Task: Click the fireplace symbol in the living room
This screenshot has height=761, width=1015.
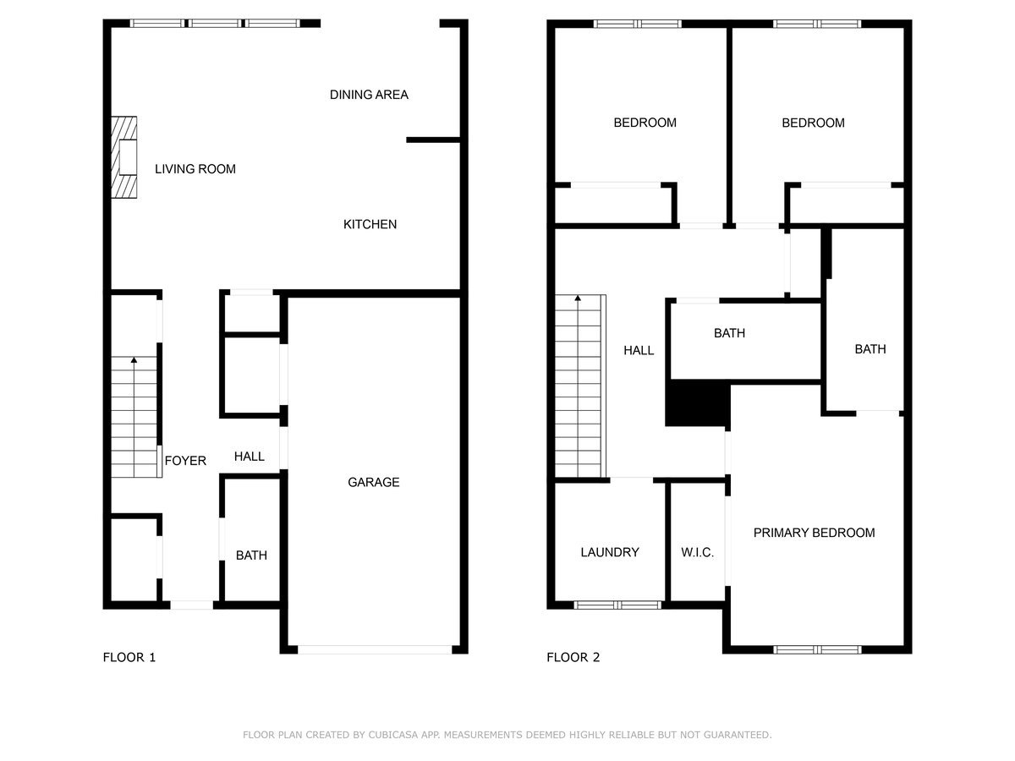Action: coord(125,157)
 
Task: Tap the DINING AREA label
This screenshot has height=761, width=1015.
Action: coord(369,95)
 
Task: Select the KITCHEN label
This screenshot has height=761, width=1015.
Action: coord(370,224)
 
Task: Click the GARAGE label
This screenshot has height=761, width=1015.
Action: coord(373,482)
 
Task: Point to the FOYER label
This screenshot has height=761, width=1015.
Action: coord(185,461)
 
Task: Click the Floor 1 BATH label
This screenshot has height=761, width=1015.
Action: coord(251,556)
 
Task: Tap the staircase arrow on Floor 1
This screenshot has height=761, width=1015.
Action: coord(134,361)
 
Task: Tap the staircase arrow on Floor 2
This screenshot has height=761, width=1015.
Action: coord(579,298)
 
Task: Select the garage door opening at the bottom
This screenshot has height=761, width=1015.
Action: coord(374,649)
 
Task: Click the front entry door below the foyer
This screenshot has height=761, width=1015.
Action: coord(192,605)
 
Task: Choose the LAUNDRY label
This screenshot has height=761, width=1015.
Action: coord(609,552)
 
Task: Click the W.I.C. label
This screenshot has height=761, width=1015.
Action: coord(697,552)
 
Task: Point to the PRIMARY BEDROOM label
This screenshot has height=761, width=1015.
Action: coord(814,533)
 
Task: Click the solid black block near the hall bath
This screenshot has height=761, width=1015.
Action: coord(698,405)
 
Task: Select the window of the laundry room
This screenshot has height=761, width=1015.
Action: coord(617,605)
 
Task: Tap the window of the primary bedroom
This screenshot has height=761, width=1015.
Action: coord(817,649)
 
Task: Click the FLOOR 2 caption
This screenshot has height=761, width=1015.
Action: coord(573,657)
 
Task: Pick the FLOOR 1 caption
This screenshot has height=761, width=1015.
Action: coord(129,657)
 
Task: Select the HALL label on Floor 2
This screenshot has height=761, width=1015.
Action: coord(639,350)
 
